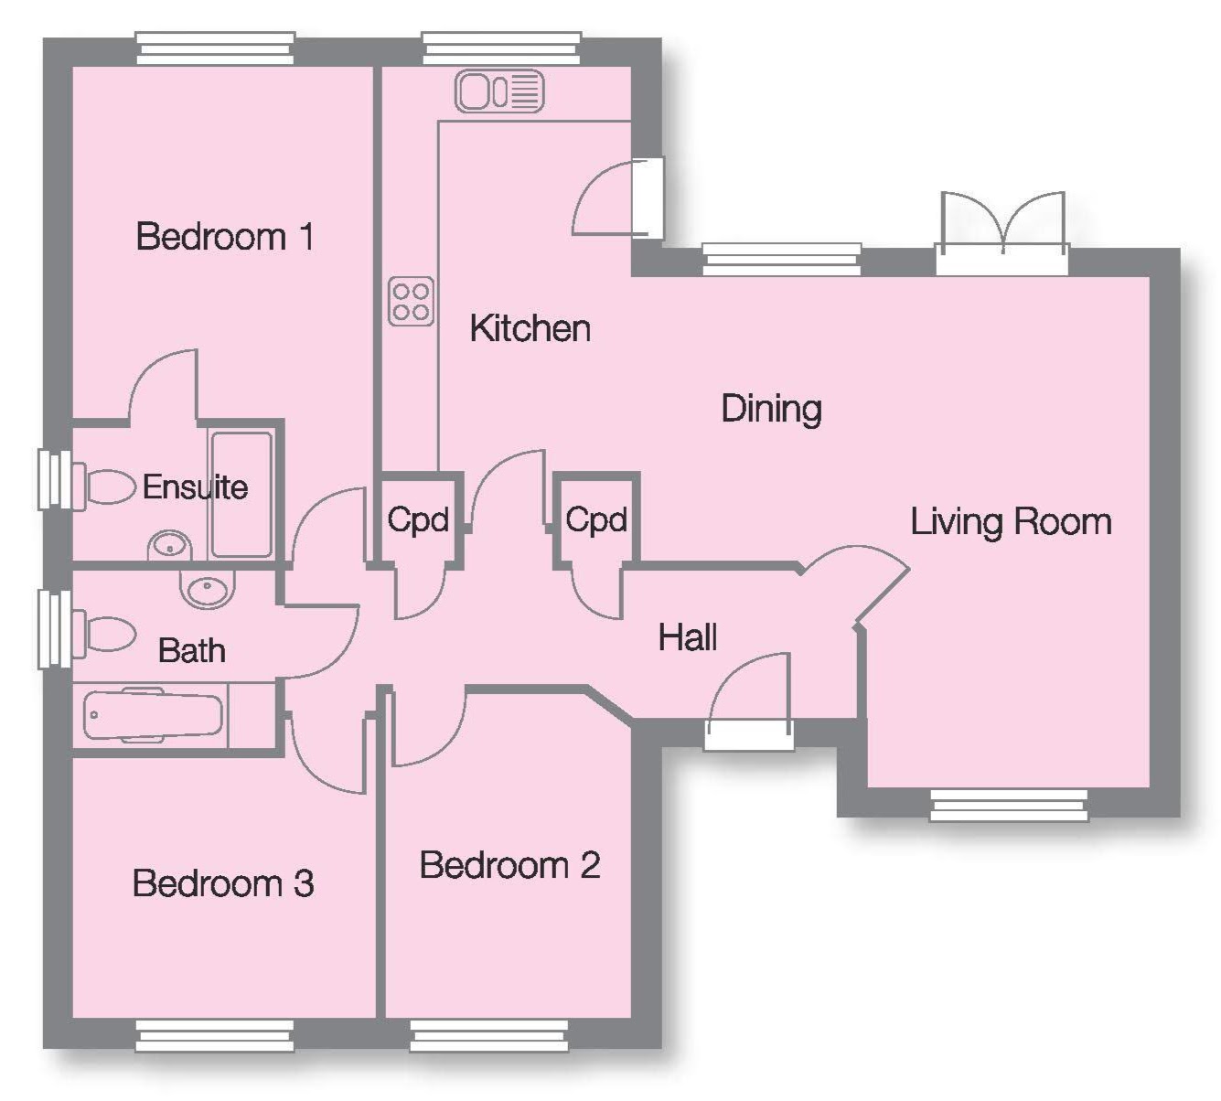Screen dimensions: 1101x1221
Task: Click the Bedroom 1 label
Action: point(225,237)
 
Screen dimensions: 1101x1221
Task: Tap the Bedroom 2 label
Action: point(509,864)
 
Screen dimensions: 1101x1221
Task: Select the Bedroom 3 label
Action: point(223,883)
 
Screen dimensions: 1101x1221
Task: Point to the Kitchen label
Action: point(530,328)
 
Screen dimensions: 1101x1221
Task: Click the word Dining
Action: point(771,408)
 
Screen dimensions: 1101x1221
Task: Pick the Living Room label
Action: point(1011,521)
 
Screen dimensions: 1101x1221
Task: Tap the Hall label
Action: point(687,637)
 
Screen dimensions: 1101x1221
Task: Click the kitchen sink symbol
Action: point(499,92)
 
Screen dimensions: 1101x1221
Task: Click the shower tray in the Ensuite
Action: point(241,494)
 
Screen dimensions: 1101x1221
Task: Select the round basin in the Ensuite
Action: point(168,547)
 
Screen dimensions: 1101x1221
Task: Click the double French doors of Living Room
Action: point(1002,233)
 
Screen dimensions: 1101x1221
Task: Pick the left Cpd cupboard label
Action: point(418,520)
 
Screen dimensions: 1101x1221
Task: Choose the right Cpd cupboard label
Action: point(595,520)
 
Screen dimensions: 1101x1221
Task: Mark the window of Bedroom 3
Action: point(215,1035)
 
